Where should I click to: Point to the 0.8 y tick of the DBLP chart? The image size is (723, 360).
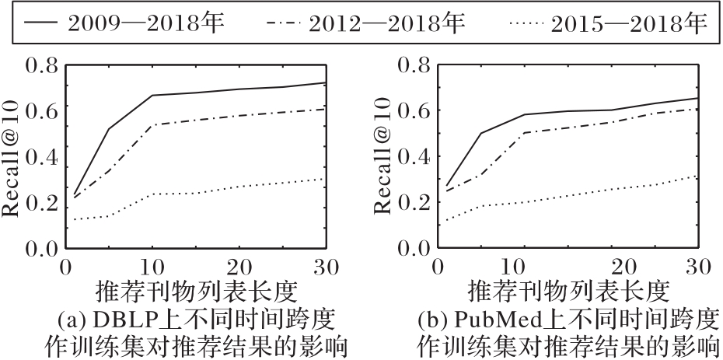(x=40, y=66)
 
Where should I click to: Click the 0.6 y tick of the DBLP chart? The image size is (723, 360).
(x=40, y=111)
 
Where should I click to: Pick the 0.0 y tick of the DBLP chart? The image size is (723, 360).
(x=40, y=249)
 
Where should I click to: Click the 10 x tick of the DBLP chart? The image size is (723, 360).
(x=152, y=267)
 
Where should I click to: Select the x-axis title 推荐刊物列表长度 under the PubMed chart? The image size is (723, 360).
(x=568, y=292)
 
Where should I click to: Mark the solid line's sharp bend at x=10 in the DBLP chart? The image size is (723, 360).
(x=152, y=96)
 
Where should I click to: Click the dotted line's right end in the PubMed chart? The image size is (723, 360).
(x=697, y=177)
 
